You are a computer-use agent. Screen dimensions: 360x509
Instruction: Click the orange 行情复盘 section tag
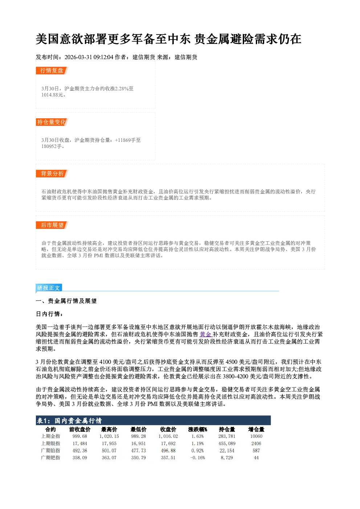52,70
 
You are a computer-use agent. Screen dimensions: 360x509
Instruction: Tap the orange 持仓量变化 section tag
52,122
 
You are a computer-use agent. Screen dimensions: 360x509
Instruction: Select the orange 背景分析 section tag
52,174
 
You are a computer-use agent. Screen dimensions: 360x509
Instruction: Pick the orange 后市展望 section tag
52,225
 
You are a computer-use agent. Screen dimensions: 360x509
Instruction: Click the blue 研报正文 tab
49,288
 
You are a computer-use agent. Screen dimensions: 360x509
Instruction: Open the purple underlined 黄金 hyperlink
205,334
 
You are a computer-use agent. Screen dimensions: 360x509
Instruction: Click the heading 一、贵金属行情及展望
66,301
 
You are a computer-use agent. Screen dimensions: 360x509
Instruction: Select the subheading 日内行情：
49,314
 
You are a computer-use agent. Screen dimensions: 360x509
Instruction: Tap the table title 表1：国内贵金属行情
69,420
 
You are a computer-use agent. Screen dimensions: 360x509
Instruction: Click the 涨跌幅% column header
197,429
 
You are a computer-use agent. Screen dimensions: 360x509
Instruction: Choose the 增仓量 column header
256,429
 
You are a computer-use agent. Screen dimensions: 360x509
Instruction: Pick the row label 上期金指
50,436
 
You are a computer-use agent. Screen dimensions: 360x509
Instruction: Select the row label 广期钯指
50,457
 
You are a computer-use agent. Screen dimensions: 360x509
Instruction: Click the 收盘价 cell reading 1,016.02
168,436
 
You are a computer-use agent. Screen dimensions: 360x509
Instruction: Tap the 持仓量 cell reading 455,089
227,443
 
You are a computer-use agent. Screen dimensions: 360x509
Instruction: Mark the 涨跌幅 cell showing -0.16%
197,457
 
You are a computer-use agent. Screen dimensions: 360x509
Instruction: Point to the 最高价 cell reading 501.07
109,451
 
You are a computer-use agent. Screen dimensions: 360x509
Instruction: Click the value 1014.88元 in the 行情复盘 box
52,95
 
